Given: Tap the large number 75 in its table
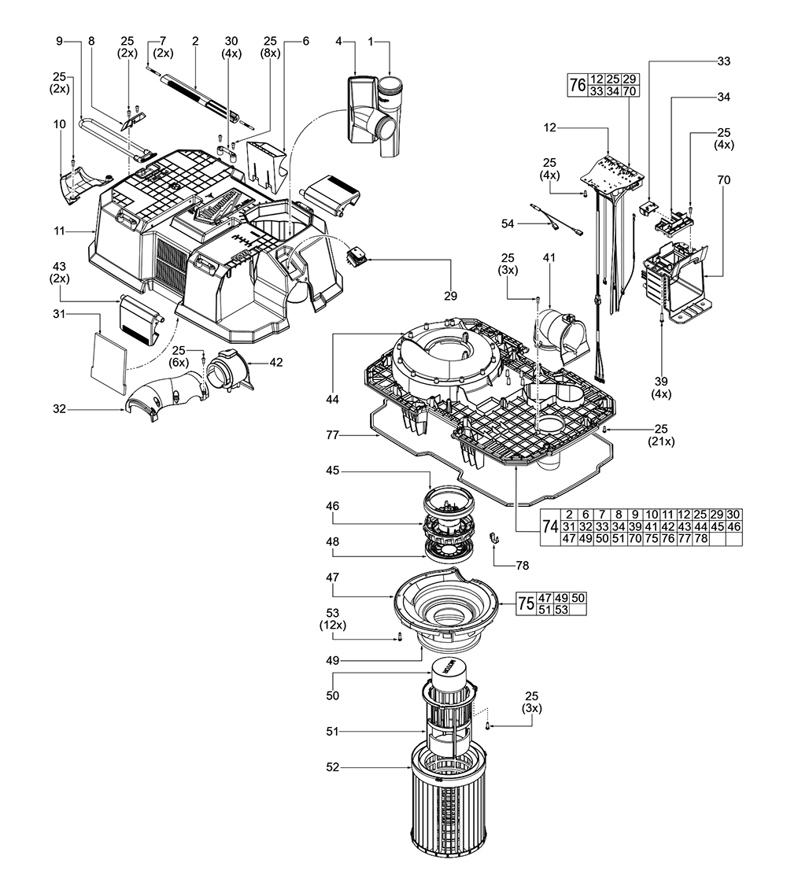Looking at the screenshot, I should point(526,603).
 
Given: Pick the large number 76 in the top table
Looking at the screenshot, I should point(576,85).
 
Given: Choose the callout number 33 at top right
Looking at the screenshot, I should point(722,61).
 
